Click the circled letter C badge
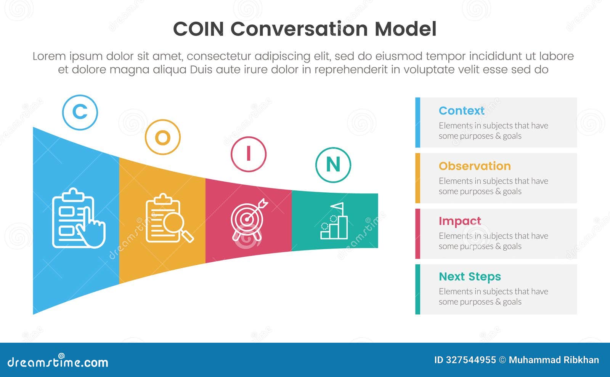click(80, 112)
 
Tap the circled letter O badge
click(162, 137)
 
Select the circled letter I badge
click(249, 154)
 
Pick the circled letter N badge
click(333, 165)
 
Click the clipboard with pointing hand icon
click(78, 219)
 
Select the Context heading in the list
click(461, 111)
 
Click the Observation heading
click(475, 166)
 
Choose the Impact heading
click(460, 221)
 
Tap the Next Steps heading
click(470, 276)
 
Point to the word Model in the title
click(405, 29)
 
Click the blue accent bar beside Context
click(417, 123)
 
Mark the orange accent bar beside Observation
click(417, 178)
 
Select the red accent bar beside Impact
click(417, 233)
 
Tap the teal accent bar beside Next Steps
click(417, 289)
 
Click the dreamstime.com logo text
click(58, 362)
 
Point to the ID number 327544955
click(470, 360)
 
